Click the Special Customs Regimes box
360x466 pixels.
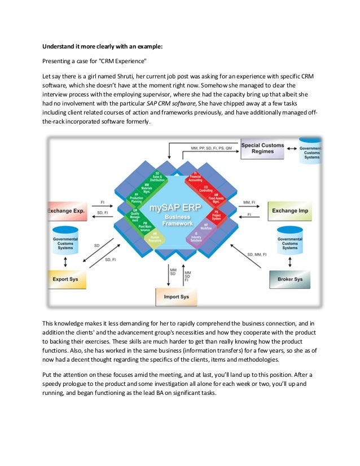point(262,148)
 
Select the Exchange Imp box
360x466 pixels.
point(290,211)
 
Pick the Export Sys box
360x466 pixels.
point(67,279)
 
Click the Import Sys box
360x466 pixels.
point(177,297)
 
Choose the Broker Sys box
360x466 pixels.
point(290,279)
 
